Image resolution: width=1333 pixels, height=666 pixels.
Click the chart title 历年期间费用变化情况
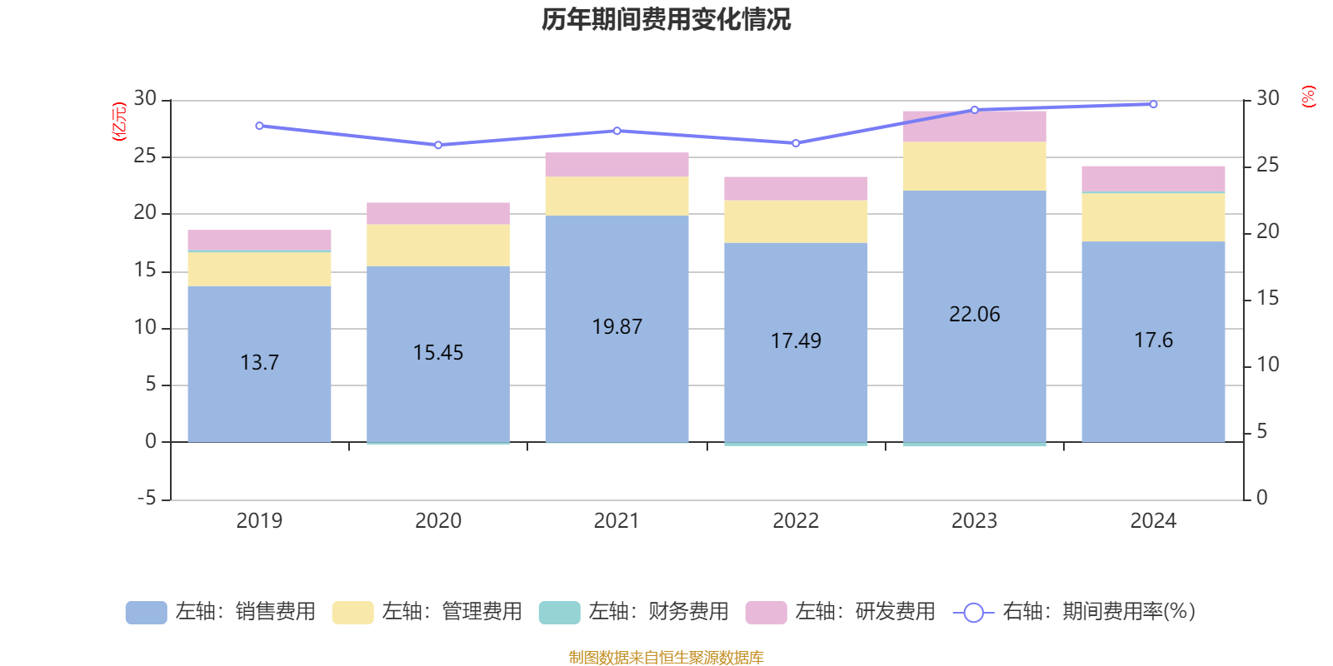point(666,19)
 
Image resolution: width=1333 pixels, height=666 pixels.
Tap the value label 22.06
point(974,314)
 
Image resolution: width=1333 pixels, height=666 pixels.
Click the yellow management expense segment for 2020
point(438,245)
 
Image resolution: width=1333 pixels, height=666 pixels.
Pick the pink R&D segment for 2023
point(974,127)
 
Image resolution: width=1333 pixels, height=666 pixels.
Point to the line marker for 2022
point(796,143)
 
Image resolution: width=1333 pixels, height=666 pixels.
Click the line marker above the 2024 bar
point(1153,104)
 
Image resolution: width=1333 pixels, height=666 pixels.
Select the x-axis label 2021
point(617,520)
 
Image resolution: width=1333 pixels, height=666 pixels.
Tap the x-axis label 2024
point(1153,520)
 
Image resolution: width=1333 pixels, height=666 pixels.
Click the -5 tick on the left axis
point(147,498)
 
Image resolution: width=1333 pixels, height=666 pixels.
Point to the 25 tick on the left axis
point(145,156)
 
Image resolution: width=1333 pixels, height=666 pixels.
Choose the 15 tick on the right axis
point(1267,298)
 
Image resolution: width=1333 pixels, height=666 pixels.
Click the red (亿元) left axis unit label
point(119,122)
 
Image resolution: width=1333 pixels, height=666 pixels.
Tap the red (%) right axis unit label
point(1308,97)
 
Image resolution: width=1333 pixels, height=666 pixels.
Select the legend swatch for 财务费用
point(559,612)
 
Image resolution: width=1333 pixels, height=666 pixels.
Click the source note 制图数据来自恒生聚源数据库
point(666,658)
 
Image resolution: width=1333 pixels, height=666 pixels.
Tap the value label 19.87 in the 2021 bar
point(617,326)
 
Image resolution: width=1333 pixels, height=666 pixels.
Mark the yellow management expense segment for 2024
point(1153,217)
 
